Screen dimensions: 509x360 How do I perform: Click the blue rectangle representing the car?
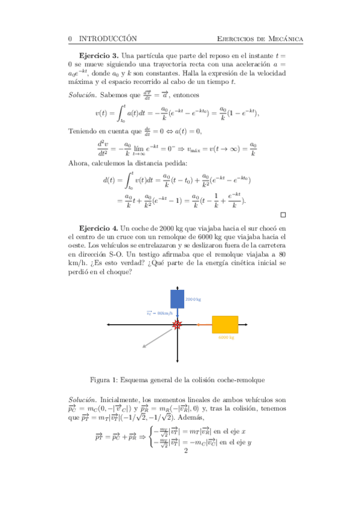click(178, 299)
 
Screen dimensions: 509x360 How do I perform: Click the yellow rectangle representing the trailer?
click(225, 324)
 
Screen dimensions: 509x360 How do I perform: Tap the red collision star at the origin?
click(177, 325)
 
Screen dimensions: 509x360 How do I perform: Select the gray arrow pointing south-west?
click(158, 336)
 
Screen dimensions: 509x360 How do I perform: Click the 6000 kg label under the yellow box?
click(226, 337)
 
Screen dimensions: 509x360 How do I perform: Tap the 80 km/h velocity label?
click(160, 313)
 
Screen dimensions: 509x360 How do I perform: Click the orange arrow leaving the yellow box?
click(205, 325)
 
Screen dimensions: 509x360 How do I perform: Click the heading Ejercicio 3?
click(98, 55)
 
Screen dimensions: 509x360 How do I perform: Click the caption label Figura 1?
click(104, 379)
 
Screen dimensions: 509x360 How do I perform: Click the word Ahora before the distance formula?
click(79, 163)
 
